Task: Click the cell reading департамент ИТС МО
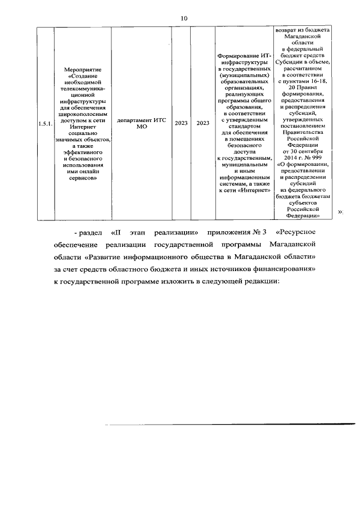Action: (x=138, y=123)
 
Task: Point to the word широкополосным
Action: (x=83, y=112)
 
